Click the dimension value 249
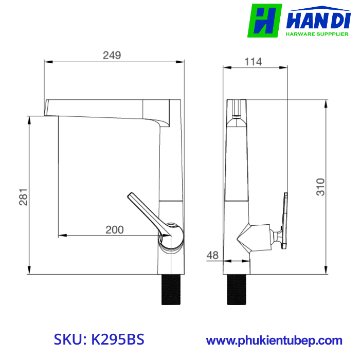click(x=112, y=56)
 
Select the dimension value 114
click(x=253, y=62)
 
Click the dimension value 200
click(x=114, y=230)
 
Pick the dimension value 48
click(x=213, y=255)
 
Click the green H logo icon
click(x=264, y=21)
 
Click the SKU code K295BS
click(x=117, y=340)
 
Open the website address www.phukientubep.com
click(x=274, y=340)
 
